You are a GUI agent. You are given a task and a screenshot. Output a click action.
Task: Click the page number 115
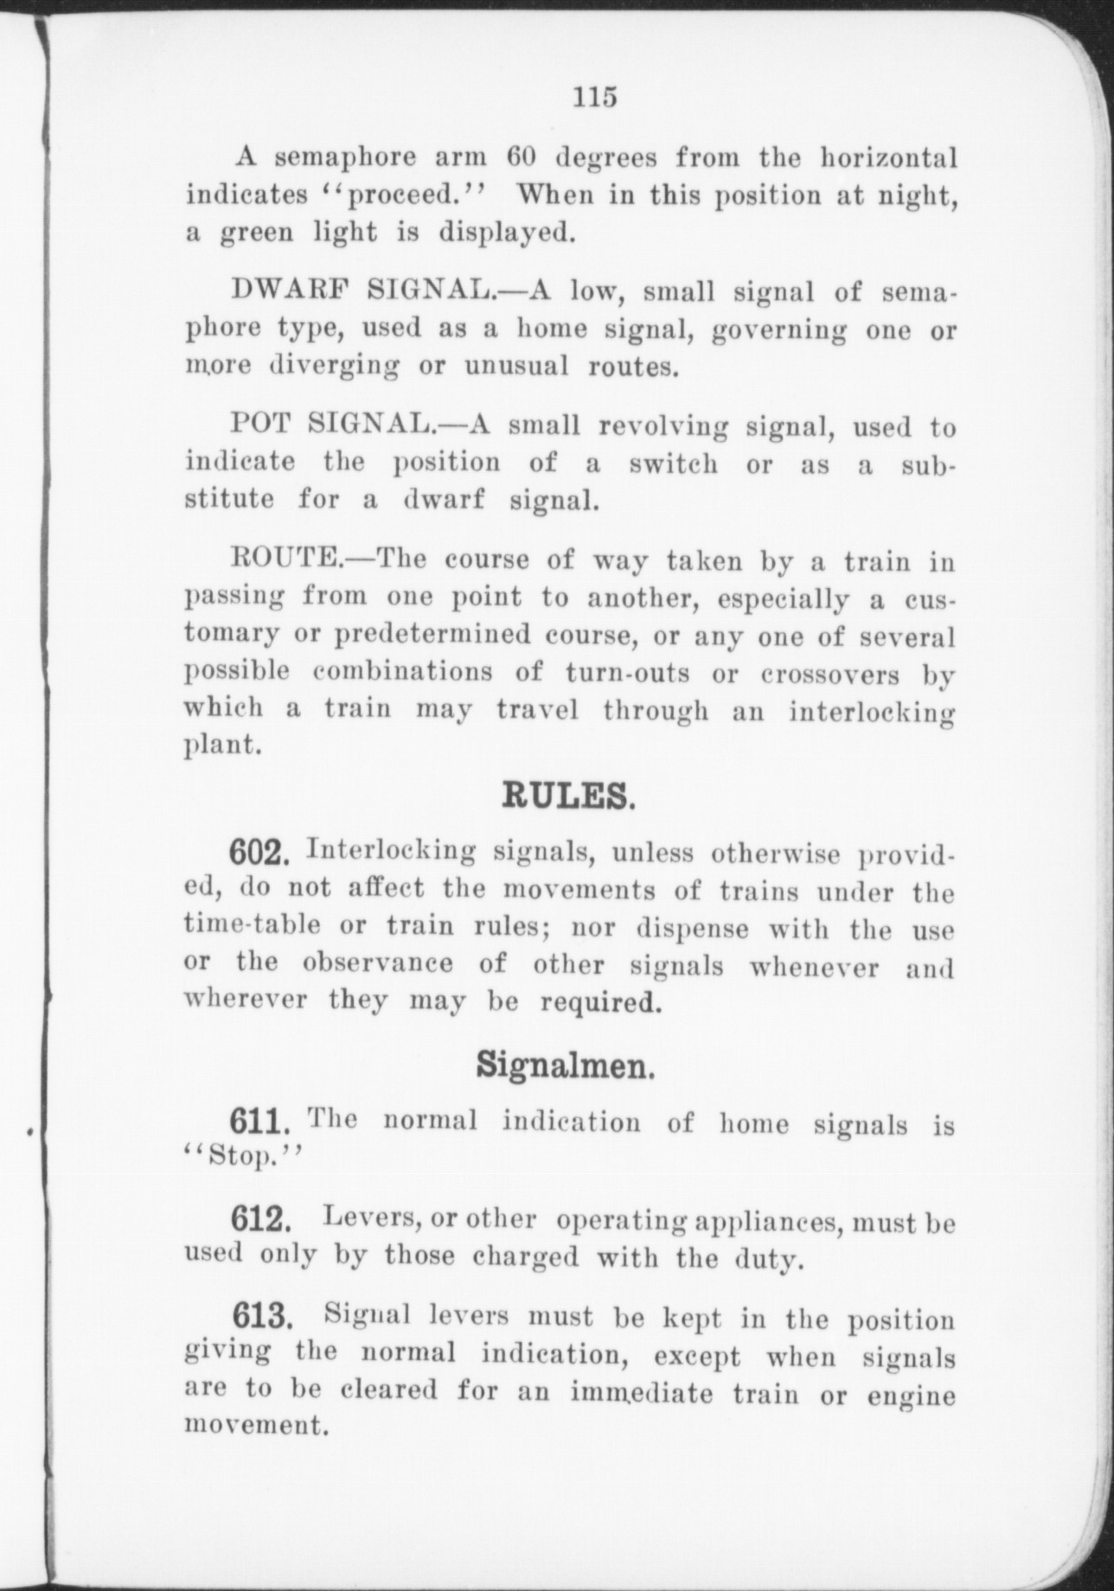595,97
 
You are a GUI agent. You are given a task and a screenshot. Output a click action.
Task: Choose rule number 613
259,1319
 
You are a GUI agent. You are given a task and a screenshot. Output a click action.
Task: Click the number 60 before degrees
522,159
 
